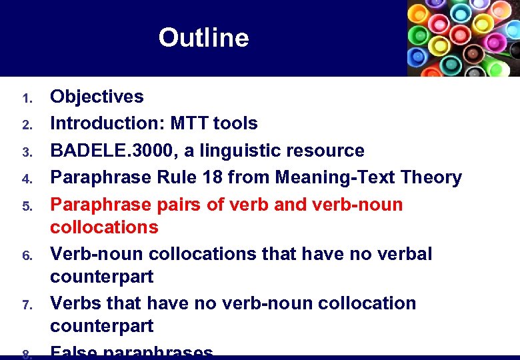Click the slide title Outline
coord(203,38)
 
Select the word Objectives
coord(97,97)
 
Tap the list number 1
coord(27,99)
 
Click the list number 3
coord(27,153)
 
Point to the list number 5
coord(27,206)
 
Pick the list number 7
coord(27,305)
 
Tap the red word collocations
coord(104,227)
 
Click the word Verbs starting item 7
coord(75,303)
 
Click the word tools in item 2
coord(237,123)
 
